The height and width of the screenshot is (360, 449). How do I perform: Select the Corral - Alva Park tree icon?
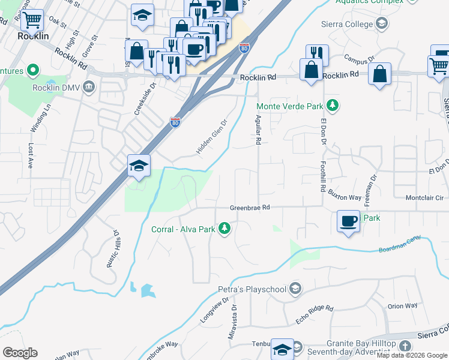pyautogui.click(x=224, y=228)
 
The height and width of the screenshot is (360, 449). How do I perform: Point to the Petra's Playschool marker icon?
pyautogui.click(x=294, y=289)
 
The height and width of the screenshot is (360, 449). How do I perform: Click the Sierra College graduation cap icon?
pyautogui.click(x=381, y=23)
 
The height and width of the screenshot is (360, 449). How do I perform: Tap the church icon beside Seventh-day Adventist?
pyautogui.click(x=405, y=346)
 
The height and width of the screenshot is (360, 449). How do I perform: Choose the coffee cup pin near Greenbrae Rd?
pyautogui.click(x=348, y=221)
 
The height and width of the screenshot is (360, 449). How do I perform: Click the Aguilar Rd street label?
pyautogui.click(x=259, y=130)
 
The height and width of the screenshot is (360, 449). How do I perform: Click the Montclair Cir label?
pyautogui.click(x=424, y=197)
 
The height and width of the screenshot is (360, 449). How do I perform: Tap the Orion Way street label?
pyautogui.click(x=402, y=306)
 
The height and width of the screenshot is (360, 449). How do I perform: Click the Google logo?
pyautogui.click(x=20, y=353)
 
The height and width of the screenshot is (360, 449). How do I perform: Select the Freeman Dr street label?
pyautogui.click(x=372, y=187)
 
